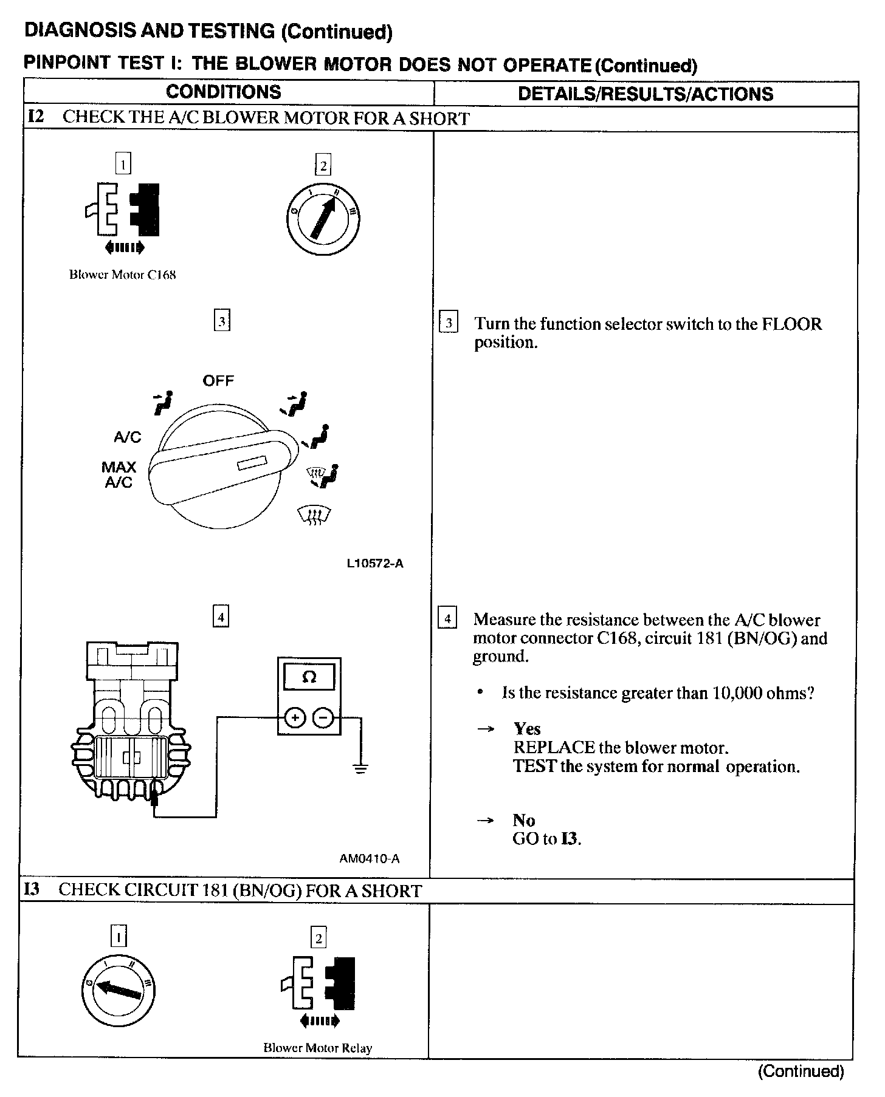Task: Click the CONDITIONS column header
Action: tap(223, 92)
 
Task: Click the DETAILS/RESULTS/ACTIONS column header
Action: tap(645, 94)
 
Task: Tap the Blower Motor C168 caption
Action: tap(122, 275)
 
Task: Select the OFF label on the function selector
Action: tap(218, 381)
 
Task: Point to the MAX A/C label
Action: tap(119, 474)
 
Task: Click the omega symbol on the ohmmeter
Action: tap(309, 677)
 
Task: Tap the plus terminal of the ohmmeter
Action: tap(295, 718)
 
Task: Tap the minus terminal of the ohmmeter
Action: tap(323, 718)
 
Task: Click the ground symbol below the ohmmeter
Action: tap(361, 768)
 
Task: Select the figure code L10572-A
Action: tap(375, 563)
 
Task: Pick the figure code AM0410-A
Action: tap(370, 858)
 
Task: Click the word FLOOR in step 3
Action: tap(791, 324)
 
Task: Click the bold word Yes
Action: tap(527, 728)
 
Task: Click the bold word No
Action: tap(523, 820)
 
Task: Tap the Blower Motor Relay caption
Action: tap(317, 1048)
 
